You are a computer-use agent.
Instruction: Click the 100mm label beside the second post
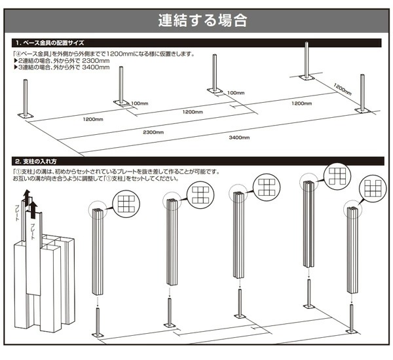pyautogui.click(x=140, y=103)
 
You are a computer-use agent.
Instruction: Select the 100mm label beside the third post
pyautogui.click(x=236, y=93)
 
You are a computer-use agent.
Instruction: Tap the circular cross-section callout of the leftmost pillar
pyautogui.click(x=125, y=204)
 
